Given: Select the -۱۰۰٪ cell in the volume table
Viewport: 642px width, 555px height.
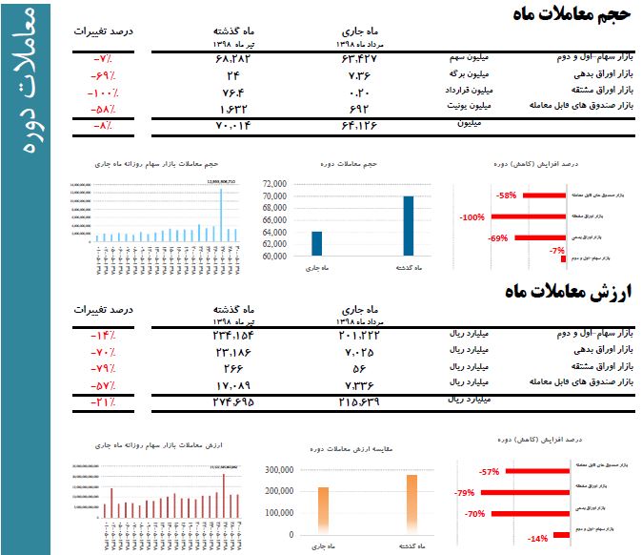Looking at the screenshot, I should pyautogui.click(x=102, y=92).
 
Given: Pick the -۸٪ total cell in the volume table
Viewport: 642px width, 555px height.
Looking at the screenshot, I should pyautogui.click(x=103, y=126).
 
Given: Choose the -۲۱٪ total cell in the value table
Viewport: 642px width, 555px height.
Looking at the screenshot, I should pyautogui.click(x=103, y=401).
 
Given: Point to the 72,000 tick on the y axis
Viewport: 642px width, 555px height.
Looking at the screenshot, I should pyautogui.click(x=273, y=184).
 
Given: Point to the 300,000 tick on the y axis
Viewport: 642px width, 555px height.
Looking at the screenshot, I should pyautogui.click(x=277, y=470).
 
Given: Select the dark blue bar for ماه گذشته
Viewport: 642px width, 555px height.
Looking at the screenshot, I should pyautogui.click(x=408, y=226).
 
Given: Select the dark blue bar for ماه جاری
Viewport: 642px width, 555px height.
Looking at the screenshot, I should pyautogui.click(x=316, y=244).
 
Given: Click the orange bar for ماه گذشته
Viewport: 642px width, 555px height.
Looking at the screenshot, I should pyautogui.click(x=411, y=504).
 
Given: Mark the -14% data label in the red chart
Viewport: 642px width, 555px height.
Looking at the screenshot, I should pyautogui.click(x=538, y=539).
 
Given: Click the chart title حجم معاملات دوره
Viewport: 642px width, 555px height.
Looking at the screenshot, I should pyautogui.click(x=350, y=164).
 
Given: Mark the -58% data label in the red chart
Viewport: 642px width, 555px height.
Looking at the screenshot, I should pyautogui.click(x=506, y=195).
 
